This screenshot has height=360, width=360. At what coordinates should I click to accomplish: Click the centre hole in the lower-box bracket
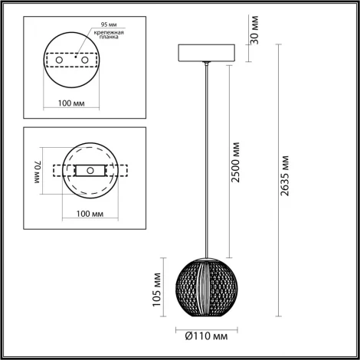(x=89, y=170)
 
